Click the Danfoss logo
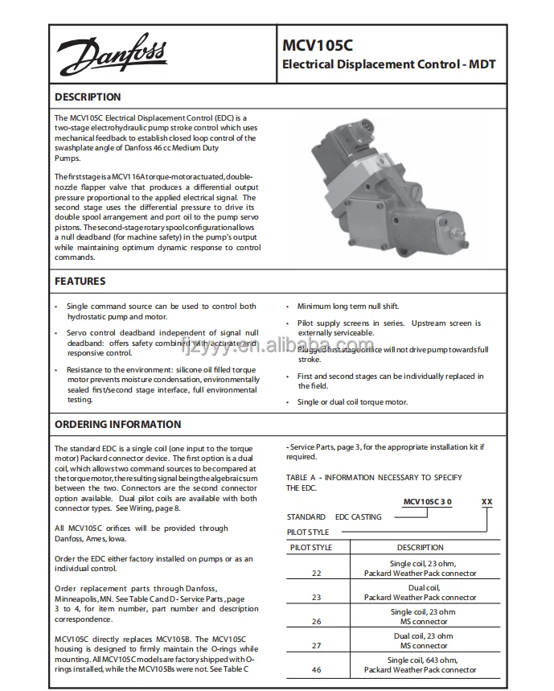[111, 56]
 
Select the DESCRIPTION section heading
[88, 97]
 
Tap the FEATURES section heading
[80, 282]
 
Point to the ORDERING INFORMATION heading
[117, 424]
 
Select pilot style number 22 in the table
[316, 574]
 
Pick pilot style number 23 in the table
[316, 598]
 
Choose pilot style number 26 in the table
[316, 622]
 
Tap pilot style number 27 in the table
[316, 645]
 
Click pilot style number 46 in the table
[316, 669]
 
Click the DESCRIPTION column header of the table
[420, 548]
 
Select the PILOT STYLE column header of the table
[310, 548]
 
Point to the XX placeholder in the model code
[486, 502]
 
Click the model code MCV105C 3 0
[427, 502]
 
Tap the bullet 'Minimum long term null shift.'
[347, 306]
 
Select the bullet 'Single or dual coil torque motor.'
[352, 402]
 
